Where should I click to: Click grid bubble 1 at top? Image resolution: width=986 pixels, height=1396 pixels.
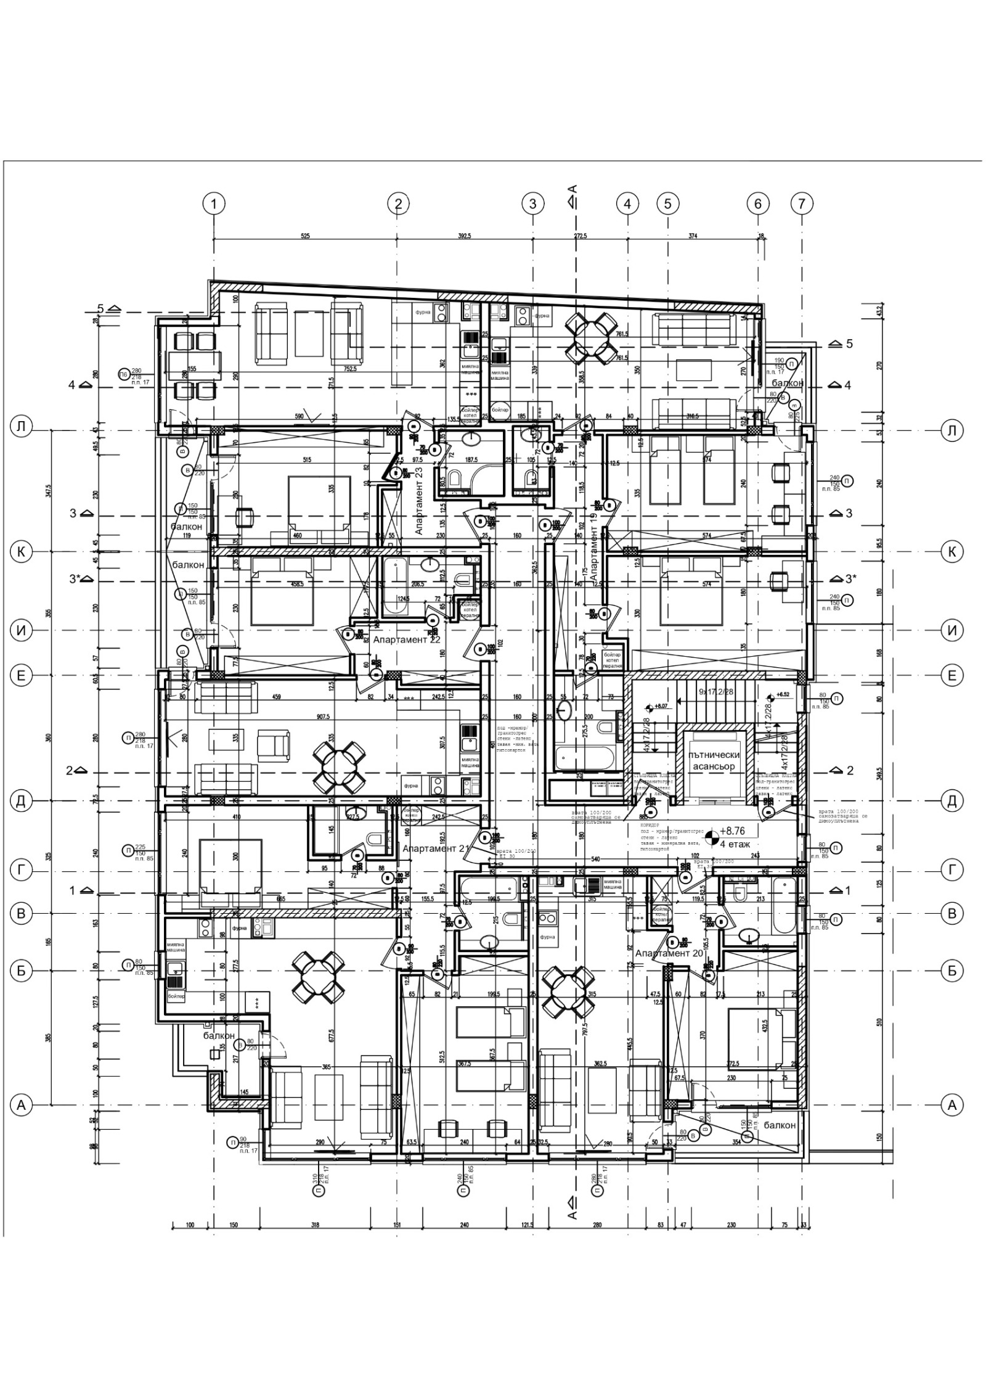pos(214,203)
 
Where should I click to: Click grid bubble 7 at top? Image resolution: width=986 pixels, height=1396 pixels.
pos(801,203)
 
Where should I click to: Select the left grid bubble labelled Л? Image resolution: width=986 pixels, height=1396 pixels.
pos(22,429)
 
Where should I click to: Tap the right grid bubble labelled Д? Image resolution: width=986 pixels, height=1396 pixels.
pos(952,800)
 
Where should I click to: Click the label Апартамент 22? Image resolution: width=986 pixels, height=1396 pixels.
pos(407,640)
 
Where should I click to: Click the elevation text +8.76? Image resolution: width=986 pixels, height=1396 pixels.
pos(732,831)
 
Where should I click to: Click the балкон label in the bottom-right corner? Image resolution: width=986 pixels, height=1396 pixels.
pos(780,1125)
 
